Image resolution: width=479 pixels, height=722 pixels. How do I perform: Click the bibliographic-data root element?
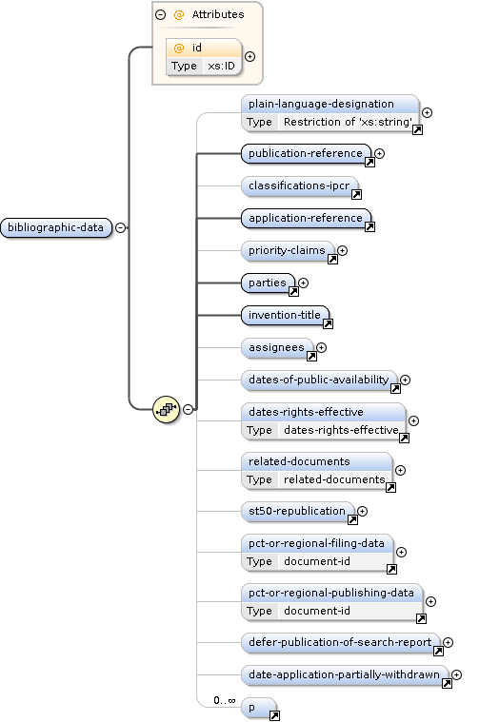pyautogui.click(x=56, y=227)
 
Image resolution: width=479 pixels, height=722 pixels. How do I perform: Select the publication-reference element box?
pyautogui.click(x=306, y=153)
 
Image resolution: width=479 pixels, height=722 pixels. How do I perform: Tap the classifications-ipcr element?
pyautogui.click(x=299, y=185)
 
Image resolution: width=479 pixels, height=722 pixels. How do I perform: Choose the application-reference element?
pyautogui.click(x=306, y=218)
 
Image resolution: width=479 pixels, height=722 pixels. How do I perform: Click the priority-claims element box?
pyautogui.click(x=288, y=250)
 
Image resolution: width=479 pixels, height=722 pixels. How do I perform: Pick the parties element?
pyautogui.click(x=268, y=283)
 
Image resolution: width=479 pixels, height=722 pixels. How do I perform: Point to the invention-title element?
pyautogui.click(x=285, y=315)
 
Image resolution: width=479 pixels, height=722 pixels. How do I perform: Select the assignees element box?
pyautogui.click(x=276, y=347)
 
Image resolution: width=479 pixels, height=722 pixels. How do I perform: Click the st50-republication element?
pyautogui.click(x=297, y=511)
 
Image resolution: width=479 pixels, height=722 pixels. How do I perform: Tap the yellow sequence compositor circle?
pyautogui.click(x=166, y=409)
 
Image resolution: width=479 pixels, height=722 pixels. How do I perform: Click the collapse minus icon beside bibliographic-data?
pyautogui.click(x=120, y=227)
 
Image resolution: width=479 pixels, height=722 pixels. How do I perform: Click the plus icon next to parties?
pyautogui.click(x=304, y=283)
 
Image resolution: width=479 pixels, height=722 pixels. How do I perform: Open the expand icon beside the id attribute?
pyautogui.click(x=249, y=56)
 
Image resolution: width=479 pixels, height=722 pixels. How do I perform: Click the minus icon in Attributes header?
pyautogui.click(x=160, y=14)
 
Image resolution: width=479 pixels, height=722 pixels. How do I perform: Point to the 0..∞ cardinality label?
pyautogui.click(x=225, y=700)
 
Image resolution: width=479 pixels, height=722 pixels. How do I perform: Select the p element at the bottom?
pyautogui.click(x=259, y=708)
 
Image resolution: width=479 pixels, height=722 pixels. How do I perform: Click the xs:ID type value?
pyautogui.click(x=221, y=66)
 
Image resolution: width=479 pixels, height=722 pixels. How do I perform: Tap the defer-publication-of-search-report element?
pyautogui.click(x=340, y=642)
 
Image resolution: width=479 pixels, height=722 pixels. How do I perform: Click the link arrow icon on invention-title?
pyautogui.click(x=328, y=324)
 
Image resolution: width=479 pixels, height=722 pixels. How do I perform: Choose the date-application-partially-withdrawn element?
pyautogui.click(x=345, y=674)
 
